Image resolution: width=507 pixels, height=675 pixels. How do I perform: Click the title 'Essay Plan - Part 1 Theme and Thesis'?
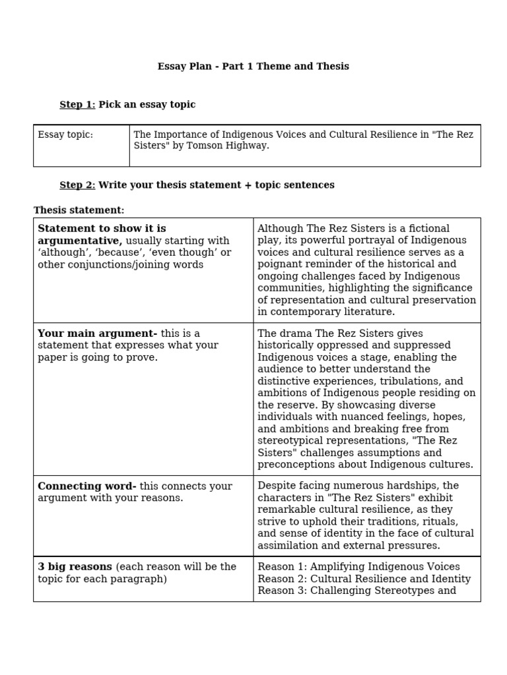tap(253, 67)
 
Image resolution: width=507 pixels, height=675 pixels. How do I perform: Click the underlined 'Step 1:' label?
tap(77, 105)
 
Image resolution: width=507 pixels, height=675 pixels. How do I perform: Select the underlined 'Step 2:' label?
tap(77, 185)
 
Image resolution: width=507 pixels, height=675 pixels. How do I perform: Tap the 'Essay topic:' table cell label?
tap(65, 135)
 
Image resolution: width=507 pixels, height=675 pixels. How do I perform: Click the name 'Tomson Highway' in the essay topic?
tap(233, 146)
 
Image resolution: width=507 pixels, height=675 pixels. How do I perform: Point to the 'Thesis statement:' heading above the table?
tap(79, 210)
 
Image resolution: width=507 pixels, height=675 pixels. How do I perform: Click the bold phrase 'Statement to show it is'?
tap(102, 229)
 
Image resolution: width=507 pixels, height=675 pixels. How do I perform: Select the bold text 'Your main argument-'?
tap(97, 334)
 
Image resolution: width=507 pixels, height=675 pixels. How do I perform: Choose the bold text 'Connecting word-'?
tap(86, 486)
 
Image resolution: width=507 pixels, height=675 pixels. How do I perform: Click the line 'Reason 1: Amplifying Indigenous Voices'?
tap(358, 567)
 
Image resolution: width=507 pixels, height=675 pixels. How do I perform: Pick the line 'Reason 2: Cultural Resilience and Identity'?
tap(364, 579)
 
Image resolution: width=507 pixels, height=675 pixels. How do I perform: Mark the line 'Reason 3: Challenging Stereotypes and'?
tap(356, 591)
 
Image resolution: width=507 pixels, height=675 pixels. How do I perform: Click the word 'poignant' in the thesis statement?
tap(278, 264)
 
